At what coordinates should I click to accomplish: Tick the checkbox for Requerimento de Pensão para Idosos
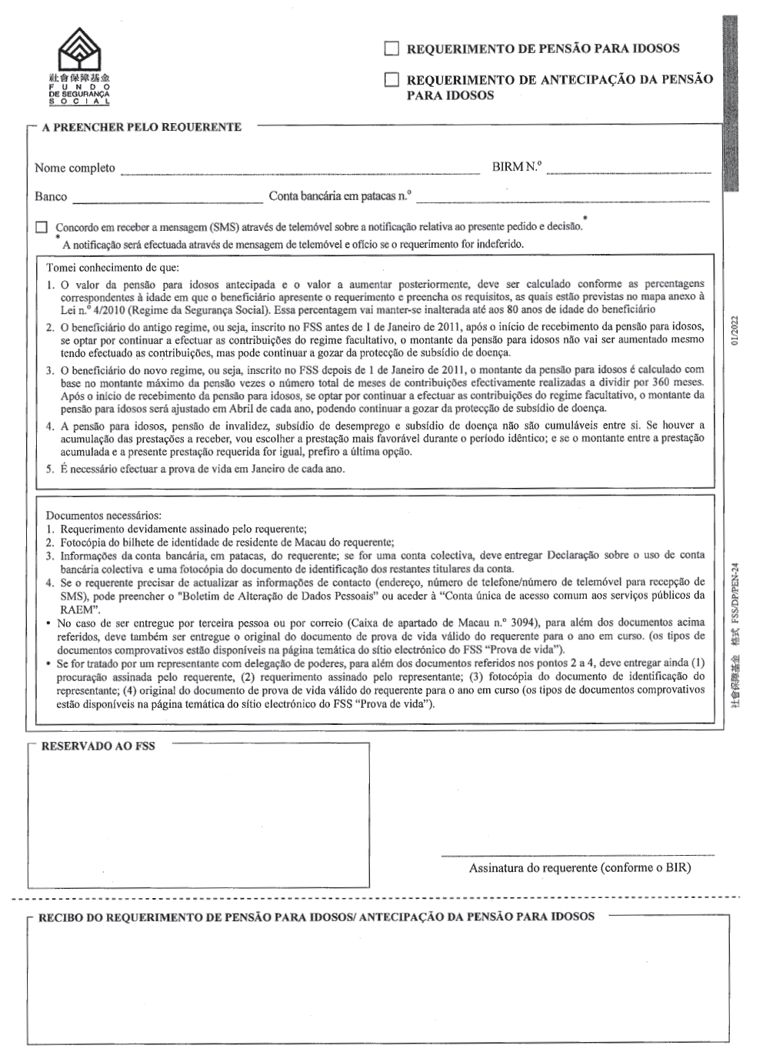[391, 49]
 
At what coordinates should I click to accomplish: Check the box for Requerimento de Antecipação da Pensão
[391, 79]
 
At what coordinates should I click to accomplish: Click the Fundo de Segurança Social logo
[79, 65]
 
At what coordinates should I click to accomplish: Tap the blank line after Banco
[168, 202]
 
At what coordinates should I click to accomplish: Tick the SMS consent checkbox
[42, 228]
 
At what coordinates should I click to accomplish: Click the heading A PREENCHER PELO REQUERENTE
[142, 128]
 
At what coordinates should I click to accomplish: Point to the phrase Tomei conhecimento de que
[112, 268]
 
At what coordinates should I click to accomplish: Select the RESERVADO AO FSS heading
[98, 746]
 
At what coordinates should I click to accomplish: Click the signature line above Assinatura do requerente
[578, 854]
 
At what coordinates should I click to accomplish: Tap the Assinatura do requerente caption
[580, 868]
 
